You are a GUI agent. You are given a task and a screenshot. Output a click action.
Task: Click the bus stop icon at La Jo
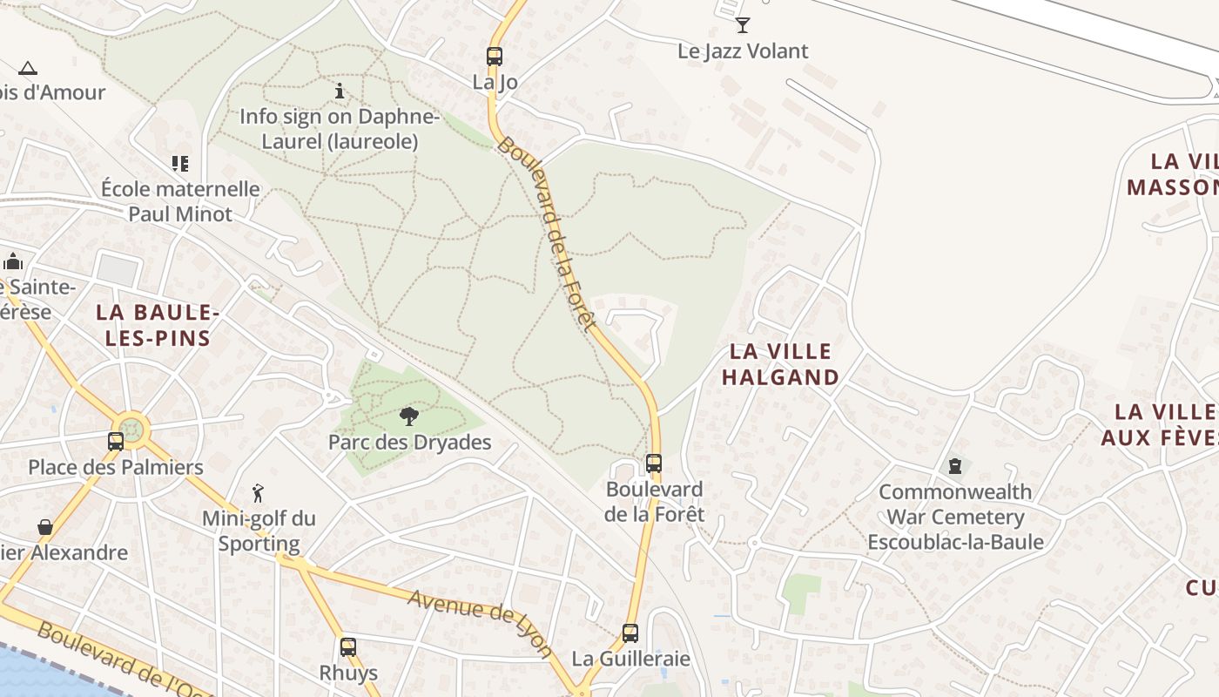[x=495, y=57]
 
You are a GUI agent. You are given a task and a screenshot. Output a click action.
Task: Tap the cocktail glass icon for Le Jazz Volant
[x=743, y=24]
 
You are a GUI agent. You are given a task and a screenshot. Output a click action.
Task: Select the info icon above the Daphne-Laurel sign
[x=339, y=91]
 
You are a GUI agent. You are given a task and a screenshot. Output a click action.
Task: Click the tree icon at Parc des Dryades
[x=408, y=416]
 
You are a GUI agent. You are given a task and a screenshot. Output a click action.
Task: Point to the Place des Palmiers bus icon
[x=116, y=441]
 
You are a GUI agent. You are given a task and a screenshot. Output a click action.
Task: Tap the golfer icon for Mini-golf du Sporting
[x=258, y=494]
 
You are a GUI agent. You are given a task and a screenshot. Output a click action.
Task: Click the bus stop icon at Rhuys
[x=348, y=647]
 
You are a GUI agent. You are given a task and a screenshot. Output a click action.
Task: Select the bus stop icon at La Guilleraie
[x=630, y=633]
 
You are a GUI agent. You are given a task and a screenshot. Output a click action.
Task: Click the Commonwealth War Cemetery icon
[x=955, y=466]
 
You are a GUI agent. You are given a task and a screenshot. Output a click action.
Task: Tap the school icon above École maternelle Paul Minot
[x=180, y=164]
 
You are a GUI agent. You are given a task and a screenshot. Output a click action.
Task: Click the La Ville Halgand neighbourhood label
[x=781, y=364]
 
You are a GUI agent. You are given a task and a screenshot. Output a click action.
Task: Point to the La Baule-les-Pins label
[x=158, y=325]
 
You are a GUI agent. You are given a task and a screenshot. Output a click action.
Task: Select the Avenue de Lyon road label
[x=480, y=623]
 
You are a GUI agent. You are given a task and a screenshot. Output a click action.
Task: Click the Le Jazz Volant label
[x=743, y=51]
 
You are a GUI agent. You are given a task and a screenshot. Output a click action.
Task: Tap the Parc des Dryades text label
[x=409, y=443]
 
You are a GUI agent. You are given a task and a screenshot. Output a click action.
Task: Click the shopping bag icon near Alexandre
[x=45, y=527]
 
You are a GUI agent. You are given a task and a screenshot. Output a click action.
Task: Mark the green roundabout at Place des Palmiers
[x=131, y=429]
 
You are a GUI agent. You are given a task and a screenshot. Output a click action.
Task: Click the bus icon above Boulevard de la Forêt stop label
[x=654, y=464]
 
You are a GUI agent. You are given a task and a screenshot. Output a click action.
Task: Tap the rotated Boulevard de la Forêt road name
[x=547, y=233]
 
